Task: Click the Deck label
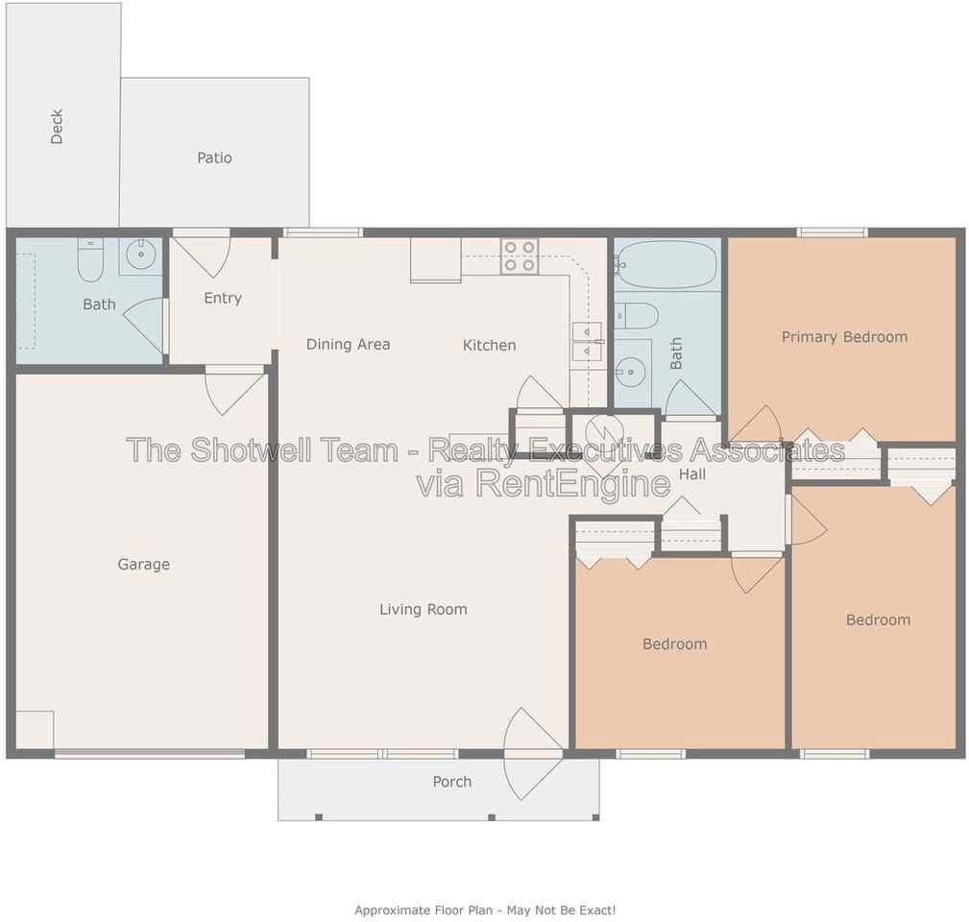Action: [57, 127]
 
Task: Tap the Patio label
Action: [214, 158]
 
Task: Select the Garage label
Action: [143, 564]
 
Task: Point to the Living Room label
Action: [424, 609]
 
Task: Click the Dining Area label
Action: [348, 344]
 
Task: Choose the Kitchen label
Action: [490, 345]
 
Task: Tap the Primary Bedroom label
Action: [844, 337]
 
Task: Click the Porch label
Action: [451, 782]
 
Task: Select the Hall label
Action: [692, 474]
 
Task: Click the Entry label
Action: [223, 298]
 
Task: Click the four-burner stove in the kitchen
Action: [520, 256]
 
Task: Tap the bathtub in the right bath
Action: [666, 264]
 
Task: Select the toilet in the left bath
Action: [90, 259]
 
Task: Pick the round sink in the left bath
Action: [141, 255]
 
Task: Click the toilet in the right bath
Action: [637, 316]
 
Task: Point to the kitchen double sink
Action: [587, 342]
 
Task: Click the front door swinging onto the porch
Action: [533, 754]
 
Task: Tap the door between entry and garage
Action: [235, 391]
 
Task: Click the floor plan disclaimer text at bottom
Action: [485, 910]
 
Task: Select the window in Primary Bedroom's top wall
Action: [832, 232]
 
